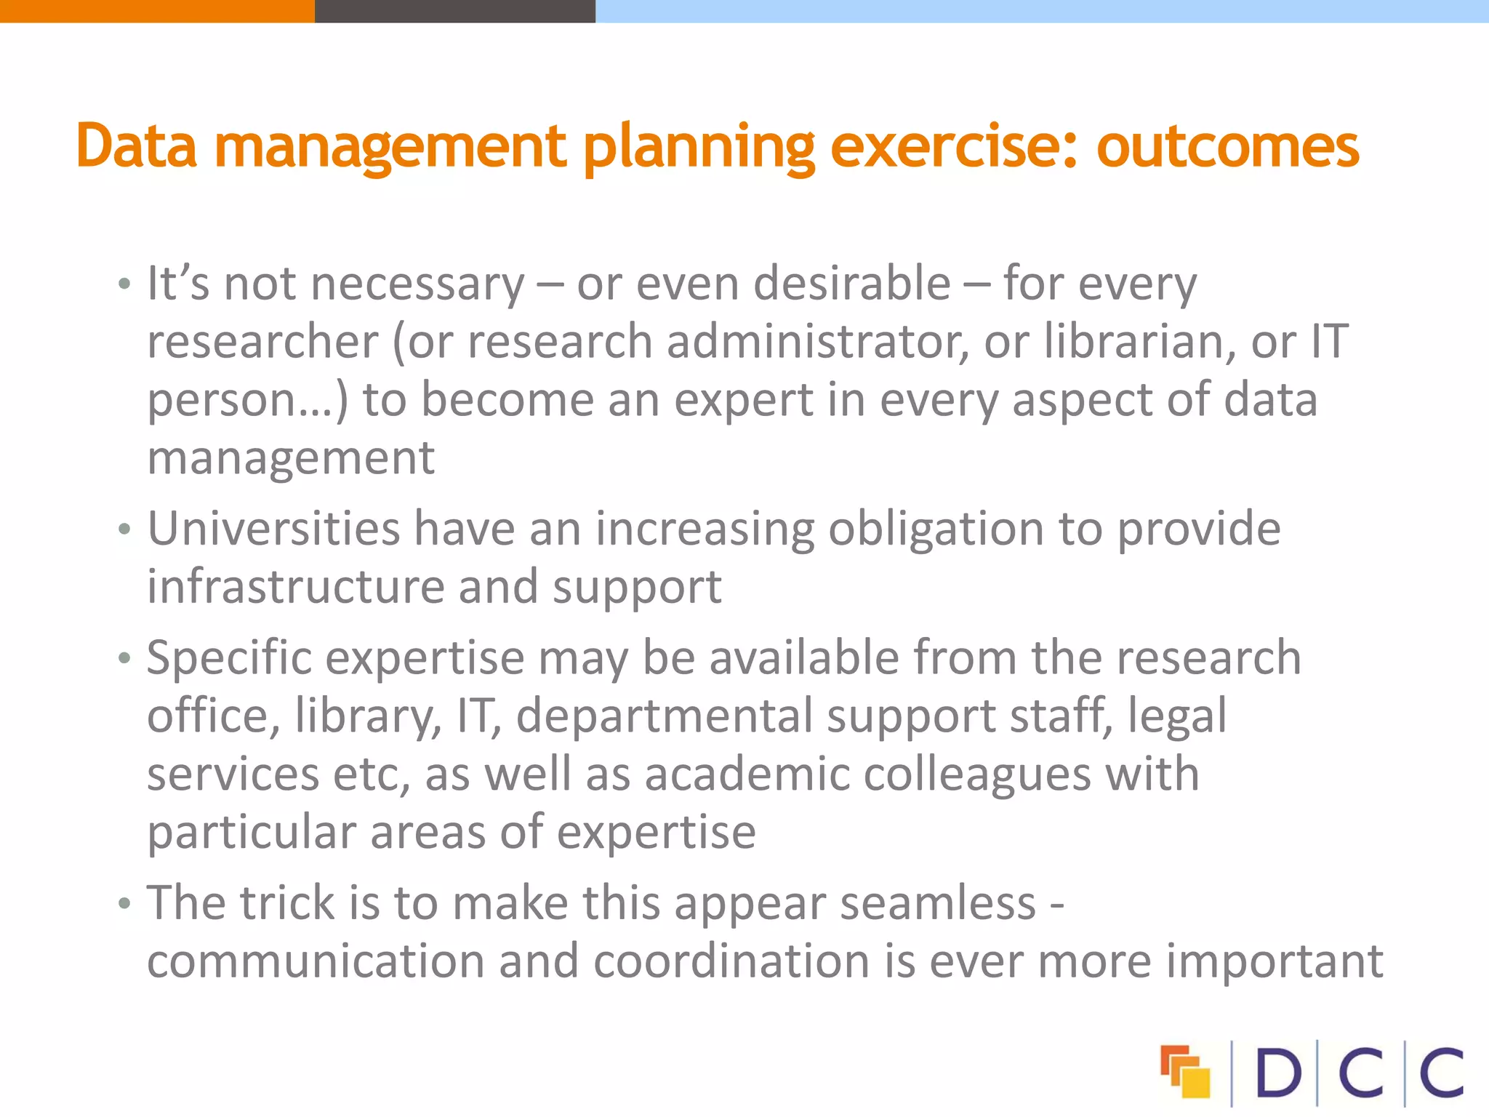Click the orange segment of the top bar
156,11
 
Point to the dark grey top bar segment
454,11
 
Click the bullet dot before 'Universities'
125,529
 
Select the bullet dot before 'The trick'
125,904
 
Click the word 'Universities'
273,529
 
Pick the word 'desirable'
851,283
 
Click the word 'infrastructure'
295,587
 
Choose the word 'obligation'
936,530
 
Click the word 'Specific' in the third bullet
229,659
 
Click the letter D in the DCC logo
1277,1073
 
